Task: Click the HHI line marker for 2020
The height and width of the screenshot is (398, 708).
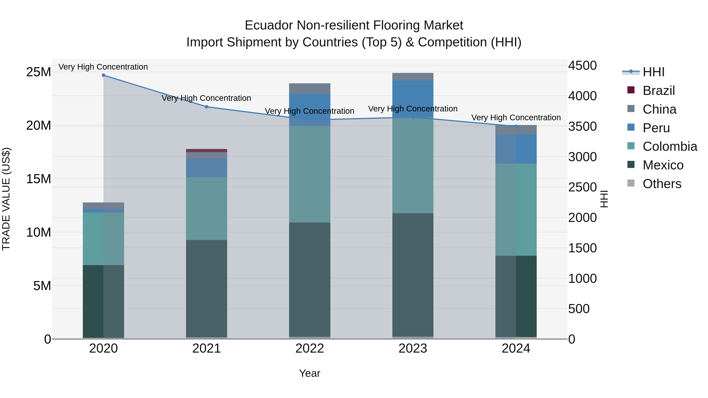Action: (103, 75)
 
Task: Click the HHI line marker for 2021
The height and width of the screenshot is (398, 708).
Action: (207, 107)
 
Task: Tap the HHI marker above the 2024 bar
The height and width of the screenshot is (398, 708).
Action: (516, 126)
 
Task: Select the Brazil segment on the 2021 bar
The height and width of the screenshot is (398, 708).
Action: (207, 151)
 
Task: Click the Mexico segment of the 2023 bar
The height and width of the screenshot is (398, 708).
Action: (413, 275)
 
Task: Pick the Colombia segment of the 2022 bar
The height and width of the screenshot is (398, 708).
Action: (310, 174)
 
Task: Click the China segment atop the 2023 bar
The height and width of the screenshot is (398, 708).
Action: (413, 77)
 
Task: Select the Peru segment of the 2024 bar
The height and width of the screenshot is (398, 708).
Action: (516, 149)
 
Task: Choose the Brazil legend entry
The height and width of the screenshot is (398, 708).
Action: (658, 91)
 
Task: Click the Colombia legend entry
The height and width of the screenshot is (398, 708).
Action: (669, 147)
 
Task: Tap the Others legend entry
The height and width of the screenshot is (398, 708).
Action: (662, 184)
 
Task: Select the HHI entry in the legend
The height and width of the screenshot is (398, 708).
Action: (654, 72)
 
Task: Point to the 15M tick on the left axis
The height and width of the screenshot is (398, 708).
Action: (39, 179)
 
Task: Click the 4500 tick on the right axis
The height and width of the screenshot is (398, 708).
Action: (582, 66)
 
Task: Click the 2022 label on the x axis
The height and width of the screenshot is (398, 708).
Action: (310, 348)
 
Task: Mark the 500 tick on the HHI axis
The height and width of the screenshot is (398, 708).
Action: (579, 309)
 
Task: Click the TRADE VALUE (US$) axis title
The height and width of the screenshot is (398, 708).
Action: (6, 199)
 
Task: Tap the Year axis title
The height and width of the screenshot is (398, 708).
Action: (310, 373)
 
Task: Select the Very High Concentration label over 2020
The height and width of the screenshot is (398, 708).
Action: (103, 67)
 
